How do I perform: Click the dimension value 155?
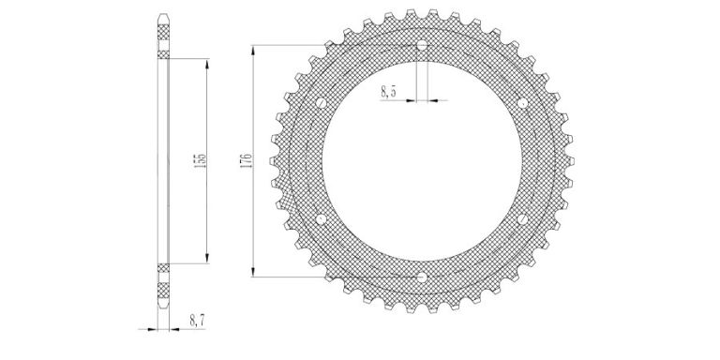[201, 160]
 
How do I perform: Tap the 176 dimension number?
[246, 161]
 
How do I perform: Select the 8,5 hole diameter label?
[388, 91]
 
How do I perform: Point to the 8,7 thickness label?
[198, 321]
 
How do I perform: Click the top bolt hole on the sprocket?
[422, 45]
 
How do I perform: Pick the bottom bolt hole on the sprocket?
[422, 277]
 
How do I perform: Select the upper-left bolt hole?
[322, 103]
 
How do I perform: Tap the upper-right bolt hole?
[522, 103]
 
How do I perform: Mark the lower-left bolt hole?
[322, 219]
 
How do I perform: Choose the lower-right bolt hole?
[522, 219]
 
